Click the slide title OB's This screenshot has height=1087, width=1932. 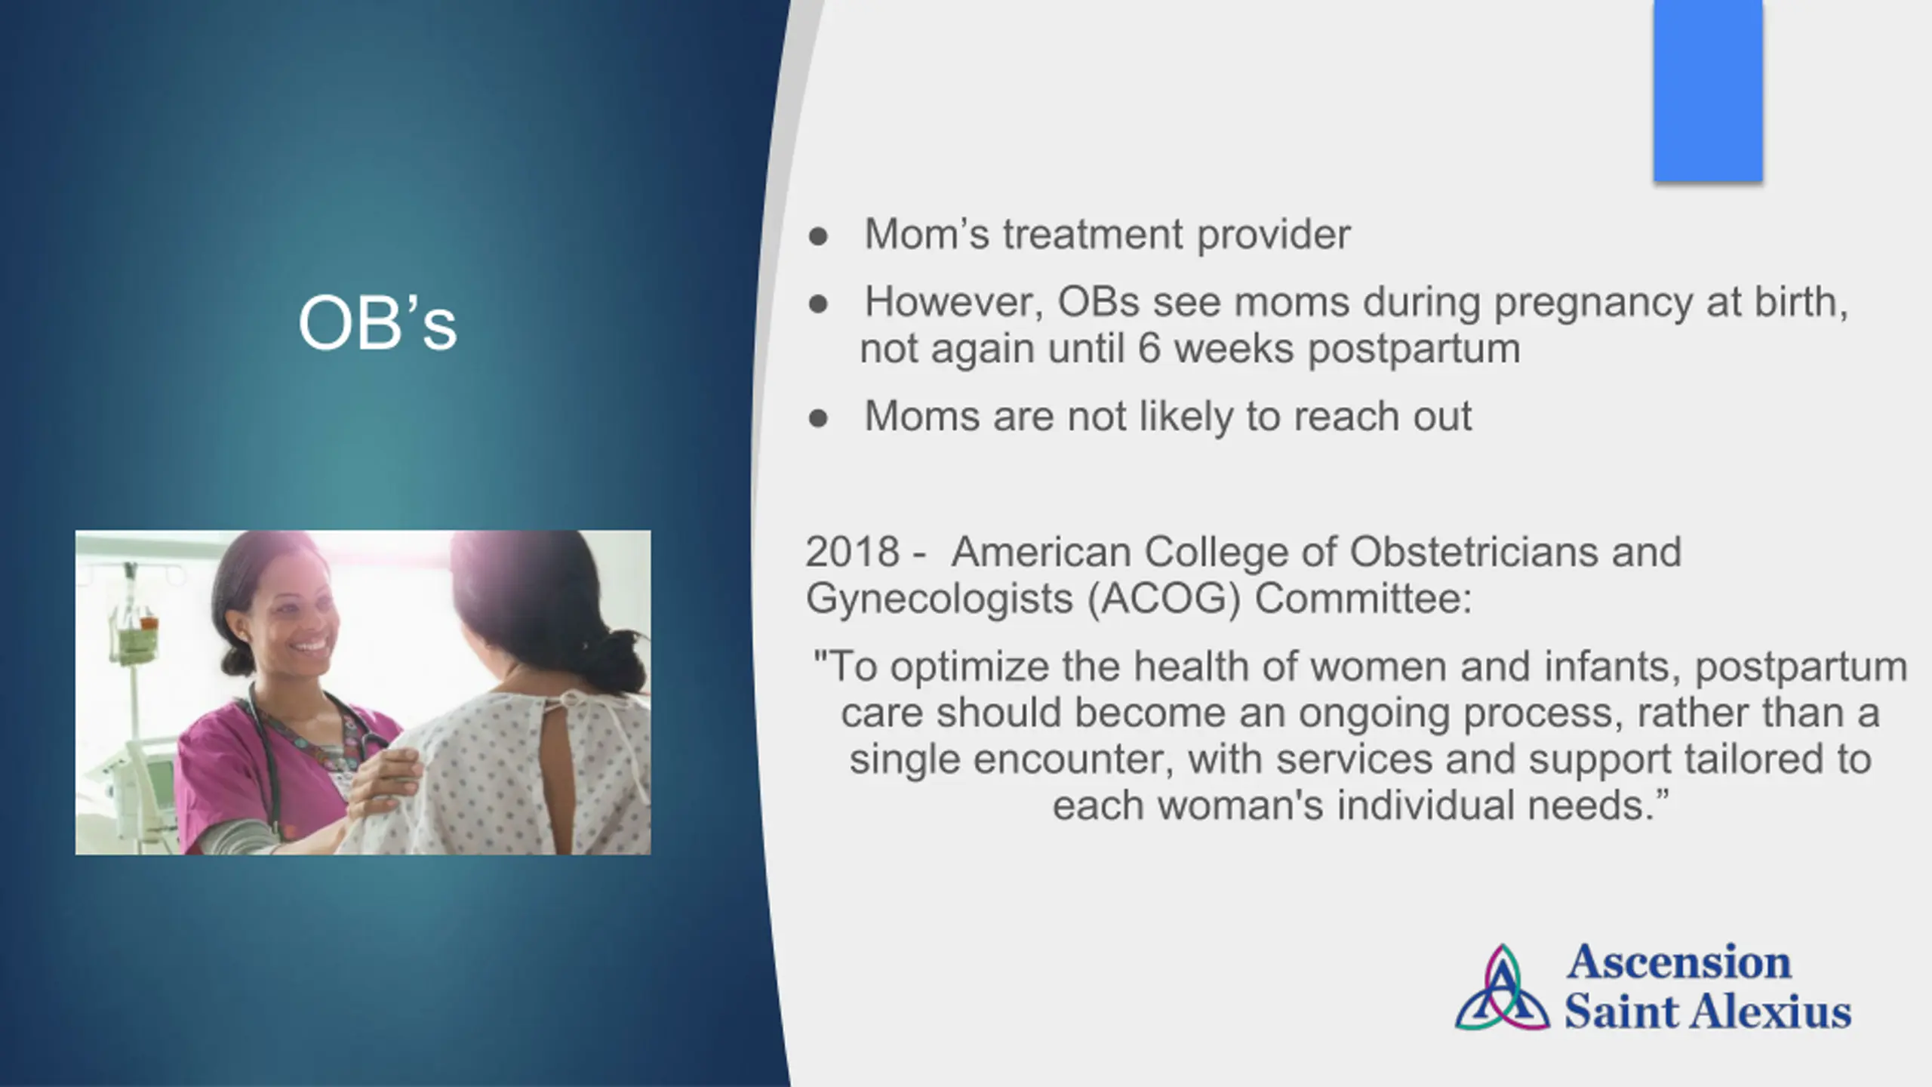pos(377,323)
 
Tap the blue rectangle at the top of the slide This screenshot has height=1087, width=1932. pos(1708,91)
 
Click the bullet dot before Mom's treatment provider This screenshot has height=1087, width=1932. pos(818,236)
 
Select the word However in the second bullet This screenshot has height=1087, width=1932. pos(953,303)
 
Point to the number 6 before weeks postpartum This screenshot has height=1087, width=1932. pos(1149,349)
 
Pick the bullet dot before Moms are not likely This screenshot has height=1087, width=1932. pos(818,418)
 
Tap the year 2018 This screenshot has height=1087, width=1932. pos(852,552)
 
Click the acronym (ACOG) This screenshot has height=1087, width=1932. pos(1164,599)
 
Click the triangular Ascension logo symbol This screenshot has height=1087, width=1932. pos(1503,988)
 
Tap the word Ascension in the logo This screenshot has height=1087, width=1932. pos(1678,962)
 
